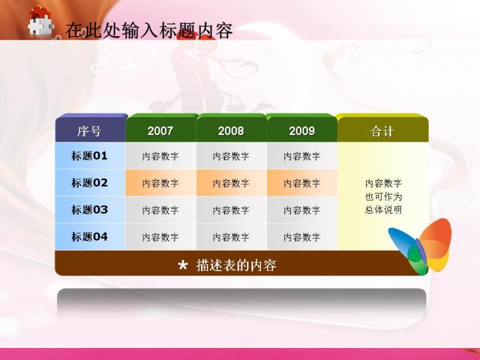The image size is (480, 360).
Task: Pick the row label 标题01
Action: pos(89,156)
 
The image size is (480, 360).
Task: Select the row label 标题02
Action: pos(89,183)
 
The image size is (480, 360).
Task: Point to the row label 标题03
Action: pos(89,209)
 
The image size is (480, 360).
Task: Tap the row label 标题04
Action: pos(89,236)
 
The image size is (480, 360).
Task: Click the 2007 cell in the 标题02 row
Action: pos(161,183)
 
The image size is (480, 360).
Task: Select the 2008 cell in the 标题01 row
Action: pos(232,156)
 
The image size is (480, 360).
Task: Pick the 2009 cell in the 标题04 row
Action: pos(302,237)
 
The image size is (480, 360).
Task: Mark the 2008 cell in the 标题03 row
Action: pos(232,210)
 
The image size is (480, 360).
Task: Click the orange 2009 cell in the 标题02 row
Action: pos(302,183)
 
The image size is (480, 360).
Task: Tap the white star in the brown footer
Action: pos(183,265)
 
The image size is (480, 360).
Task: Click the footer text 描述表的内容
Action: pos(236,265)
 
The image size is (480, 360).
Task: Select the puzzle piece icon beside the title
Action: pos(41,22)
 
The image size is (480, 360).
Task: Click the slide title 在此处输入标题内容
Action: pos(149,31)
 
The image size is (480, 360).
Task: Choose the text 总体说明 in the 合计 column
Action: pos(383,209)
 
